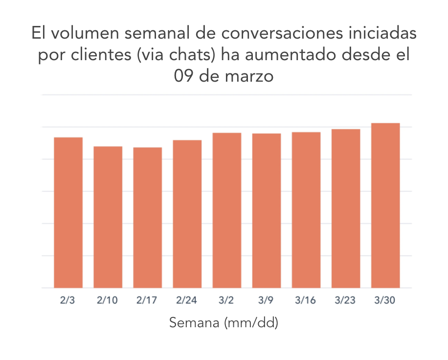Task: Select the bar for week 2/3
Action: pyautogui.click(x=68, y=213)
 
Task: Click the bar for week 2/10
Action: pyautogui.click(x=108, y=217)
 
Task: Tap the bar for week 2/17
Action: pyautogui.click(x=147, y=218)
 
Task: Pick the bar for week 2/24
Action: pyautogui.click(x=187, y=214)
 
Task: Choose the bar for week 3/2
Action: pyautogui.click(x=226, y=210)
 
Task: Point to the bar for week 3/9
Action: pyautogui.click(x=266, y=211)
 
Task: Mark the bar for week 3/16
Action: pyautogui.click(x=306, y=210)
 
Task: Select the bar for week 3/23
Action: pyautogui.click(x=345, y=209)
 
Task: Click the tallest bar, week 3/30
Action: pyautogui.click(x=385, y=205)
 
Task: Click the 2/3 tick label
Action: pyautogui.click(x=68, y=300)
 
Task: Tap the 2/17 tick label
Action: pyautogui.click(x=147, y=300)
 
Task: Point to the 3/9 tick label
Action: pyautogui.click(x=266, y=300)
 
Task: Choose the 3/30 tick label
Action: pyautogui.click(x=385, y=300)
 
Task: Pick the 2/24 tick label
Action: pyautogui.click(x=187, y=300)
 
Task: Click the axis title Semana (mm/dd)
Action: pyautogui.click(x=224, y=323)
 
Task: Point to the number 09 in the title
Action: pyautogui.click(x=185, y=77)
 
